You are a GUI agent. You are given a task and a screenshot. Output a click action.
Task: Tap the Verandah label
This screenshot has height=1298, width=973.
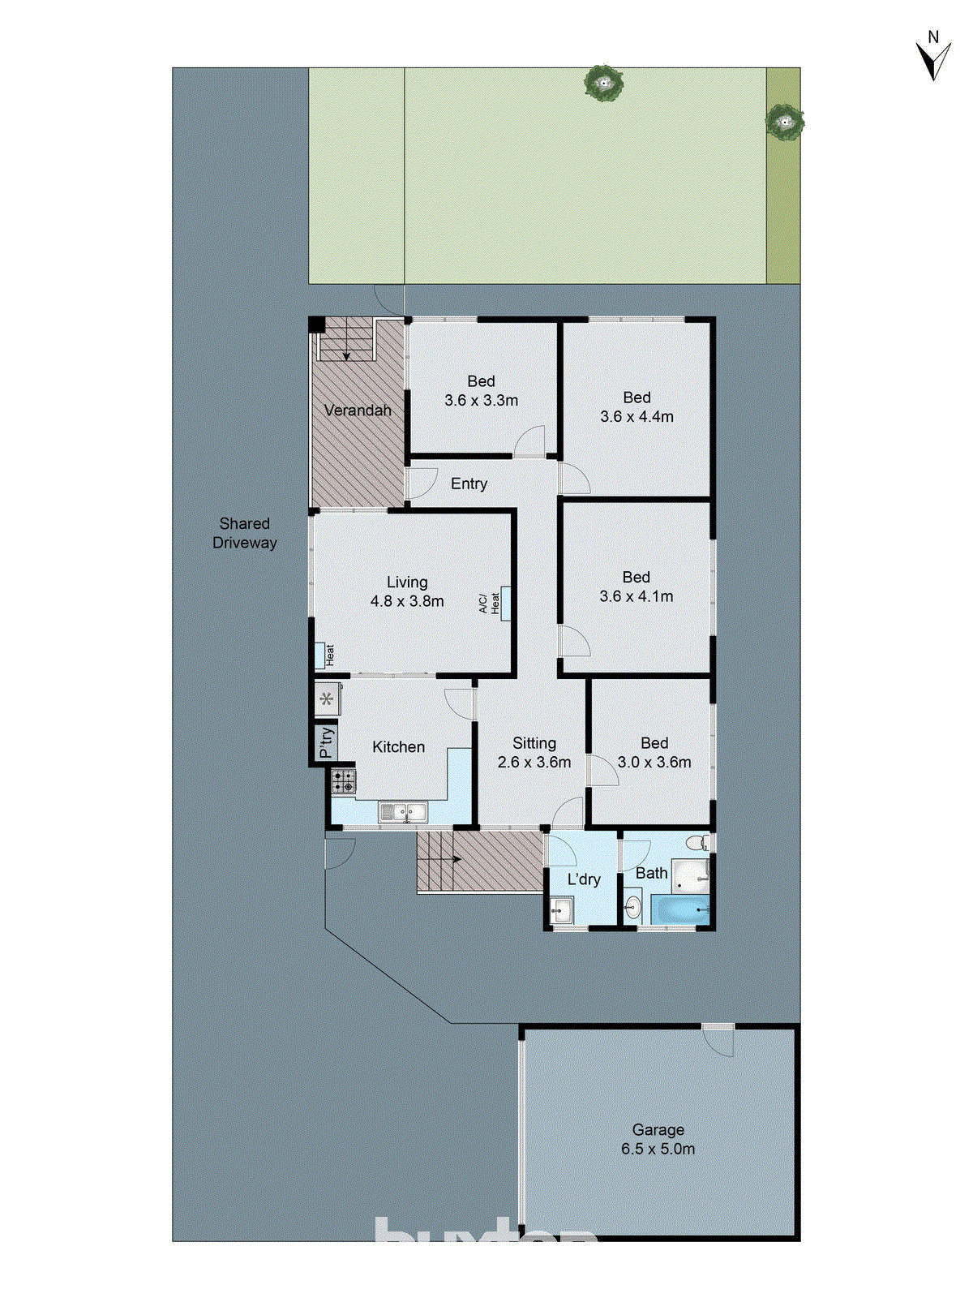click(358, 410)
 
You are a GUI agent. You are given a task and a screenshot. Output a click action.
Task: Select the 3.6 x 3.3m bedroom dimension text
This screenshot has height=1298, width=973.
click(481, 400)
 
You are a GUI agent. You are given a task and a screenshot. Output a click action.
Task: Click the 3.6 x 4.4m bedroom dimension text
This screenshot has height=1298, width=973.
click(637, 417)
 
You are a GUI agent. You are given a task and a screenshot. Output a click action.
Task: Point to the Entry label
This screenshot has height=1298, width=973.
click(469, 484)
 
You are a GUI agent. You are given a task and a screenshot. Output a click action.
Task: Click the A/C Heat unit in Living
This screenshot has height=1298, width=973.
click(505, 603)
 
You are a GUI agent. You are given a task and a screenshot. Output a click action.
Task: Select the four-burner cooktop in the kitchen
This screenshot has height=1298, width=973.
click(343, 780)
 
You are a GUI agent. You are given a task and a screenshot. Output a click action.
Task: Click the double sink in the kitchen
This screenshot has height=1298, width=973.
click(403, 811)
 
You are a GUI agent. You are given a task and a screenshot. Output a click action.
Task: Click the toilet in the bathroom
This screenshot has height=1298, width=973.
click(697, 841)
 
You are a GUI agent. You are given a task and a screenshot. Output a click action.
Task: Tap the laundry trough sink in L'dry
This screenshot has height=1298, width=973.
click(561, 909)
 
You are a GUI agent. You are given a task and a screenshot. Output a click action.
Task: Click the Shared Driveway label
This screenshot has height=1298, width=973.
click(244, 533)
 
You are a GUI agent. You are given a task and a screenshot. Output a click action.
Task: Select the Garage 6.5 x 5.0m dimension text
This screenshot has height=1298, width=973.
click(658, 1149)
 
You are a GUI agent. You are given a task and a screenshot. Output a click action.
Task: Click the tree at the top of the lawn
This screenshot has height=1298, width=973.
click(603, 83)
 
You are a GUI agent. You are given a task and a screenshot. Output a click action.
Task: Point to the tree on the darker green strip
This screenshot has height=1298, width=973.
click(784, 122)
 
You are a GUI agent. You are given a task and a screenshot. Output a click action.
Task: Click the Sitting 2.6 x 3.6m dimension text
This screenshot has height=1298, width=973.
click(534, 763)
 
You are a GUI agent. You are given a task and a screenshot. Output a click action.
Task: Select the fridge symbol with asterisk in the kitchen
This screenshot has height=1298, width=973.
click(327, 698)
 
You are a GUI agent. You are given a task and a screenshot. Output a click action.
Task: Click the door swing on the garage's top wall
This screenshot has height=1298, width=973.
click(718, 1039)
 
